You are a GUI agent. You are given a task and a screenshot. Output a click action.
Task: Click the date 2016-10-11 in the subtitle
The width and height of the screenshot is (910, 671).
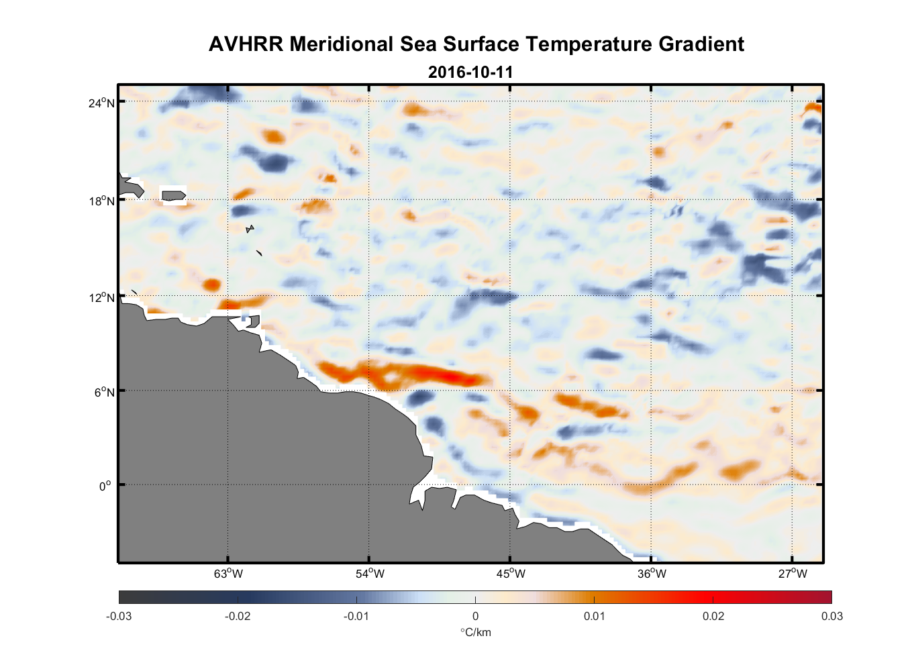point(470,72)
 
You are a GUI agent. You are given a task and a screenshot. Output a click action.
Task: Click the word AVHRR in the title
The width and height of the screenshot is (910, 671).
point(246,44)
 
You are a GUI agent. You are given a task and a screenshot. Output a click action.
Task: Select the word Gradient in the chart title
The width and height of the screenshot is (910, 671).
point(701,44)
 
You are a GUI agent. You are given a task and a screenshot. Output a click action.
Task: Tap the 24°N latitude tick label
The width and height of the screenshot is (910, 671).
point(101,103)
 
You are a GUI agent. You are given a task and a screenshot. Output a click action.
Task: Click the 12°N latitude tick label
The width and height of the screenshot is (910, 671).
point(101,297)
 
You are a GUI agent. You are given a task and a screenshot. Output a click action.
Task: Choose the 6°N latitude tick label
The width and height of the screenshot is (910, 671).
point(104,392)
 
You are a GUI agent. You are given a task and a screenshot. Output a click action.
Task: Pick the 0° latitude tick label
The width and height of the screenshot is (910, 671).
point(105,486)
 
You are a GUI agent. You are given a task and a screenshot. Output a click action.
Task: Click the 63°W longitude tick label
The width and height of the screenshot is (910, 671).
point(228,574)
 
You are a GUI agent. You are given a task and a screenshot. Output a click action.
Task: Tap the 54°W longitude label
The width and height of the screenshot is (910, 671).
point(370,574)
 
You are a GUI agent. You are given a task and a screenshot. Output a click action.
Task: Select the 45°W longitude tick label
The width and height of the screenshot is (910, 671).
point(511,574)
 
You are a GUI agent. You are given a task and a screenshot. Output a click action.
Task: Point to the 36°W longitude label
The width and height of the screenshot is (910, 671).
point(652,574)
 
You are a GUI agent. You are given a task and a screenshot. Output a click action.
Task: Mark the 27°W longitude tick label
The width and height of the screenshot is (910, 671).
point(793,574)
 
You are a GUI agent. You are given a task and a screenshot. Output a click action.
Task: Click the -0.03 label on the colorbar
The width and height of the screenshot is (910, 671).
point(119,616)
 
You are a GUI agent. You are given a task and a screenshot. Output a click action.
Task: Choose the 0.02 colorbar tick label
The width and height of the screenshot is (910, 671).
point(713,616)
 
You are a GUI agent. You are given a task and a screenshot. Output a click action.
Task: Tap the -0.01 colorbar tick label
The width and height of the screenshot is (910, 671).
point(356,616)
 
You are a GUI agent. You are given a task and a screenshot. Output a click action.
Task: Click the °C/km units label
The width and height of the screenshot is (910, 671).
point(475,632)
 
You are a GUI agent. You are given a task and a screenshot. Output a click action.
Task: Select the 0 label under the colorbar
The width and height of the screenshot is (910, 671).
point(475,616)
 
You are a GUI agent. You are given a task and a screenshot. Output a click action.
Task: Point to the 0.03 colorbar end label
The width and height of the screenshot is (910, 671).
point(831,616)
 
